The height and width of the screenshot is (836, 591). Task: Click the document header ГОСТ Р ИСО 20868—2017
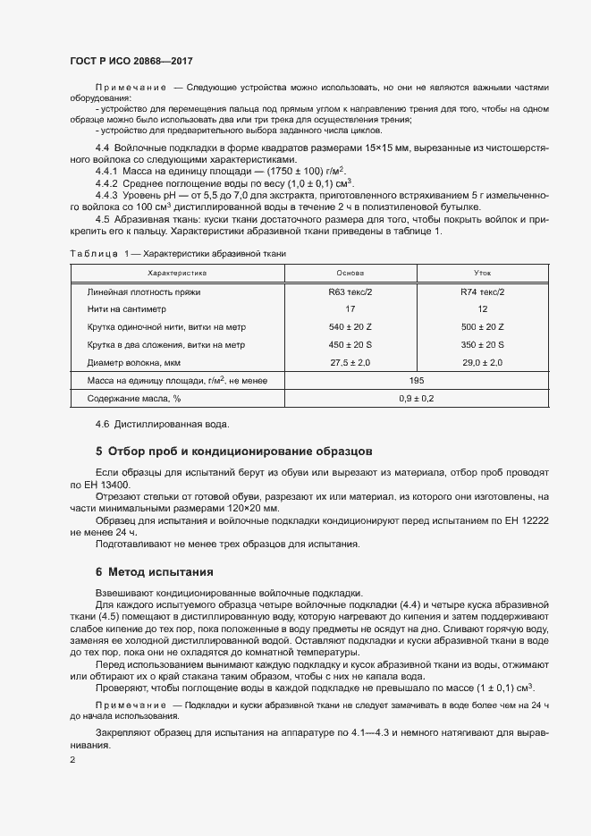click(131, 62)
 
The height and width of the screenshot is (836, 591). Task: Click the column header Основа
click(350, 272)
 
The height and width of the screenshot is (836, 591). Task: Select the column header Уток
click(482, 272)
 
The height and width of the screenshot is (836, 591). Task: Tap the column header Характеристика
click(176, 272)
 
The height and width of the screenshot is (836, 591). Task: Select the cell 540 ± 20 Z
click(350, 327)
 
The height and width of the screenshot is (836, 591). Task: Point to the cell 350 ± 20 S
click(483, 345)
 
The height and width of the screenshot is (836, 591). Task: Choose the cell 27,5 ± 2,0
click(350, 363)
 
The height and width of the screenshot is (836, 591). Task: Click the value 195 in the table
click(416, 381)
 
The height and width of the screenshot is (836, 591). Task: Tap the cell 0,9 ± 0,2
click(416, 399)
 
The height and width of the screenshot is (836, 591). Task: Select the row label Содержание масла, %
click(134, 399)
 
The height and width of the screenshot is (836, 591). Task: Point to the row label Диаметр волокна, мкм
click(135, 363)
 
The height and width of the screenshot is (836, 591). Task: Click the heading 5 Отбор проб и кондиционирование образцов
click(234, 451)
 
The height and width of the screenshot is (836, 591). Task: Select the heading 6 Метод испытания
click(154, 571)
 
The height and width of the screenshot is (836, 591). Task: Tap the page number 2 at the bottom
click(72, 761)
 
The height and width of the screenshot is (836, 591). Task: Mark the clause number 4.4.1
click(106, 170)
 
